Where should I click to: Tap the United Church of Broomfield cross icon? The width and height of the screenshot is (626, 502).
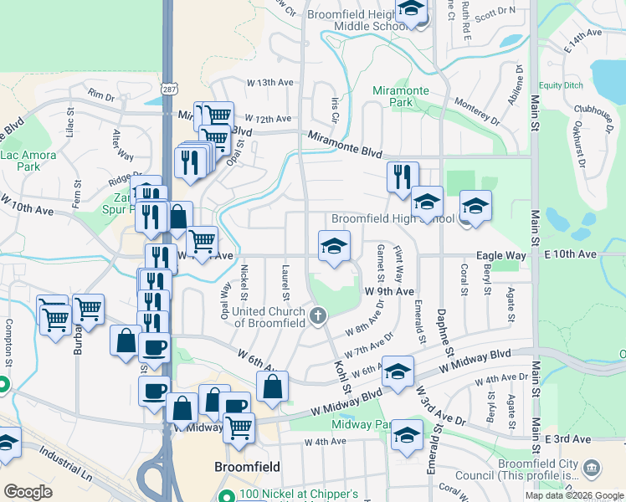coord(317,316)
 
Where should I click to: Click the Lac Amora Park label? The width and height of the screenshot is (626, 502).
coord(28,161)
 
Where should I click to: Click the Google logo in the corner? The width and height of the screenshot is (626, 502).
coord(28,492)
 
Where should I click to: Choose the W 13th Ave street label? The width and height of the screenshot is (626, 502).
coord(270,83)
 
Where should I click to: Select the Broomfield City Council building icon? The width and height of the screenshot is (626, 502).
coord(592,466)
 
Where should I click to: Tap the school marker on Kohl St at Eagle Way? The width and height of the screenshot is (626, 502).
coord(334,247)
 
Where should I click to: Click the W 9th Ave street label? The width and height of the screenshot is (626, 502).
coord(389,291)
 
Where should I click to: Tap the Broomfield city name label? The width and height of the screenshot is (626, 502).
coord(247,466)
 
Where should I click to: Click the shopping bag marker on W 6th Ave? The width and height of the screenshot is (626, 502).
coord(273,387)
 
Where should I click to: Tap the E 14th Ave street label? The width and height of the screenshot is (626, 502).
coord(582,39)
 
